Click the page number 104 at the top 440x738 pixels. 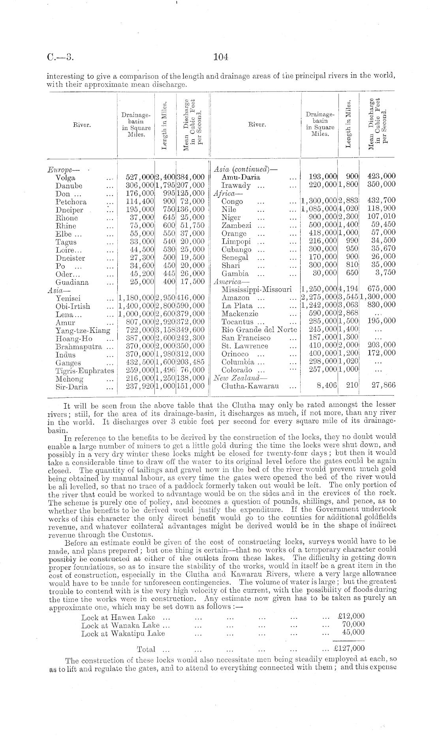coord(221,57)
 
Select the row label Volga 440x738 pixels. coord(66,178)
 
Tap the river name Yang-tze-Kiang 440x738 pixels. coord(83,331)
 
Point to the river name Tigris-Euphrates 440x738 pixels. coord(85,371)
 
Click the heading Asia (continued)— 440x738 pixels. coord(245,169)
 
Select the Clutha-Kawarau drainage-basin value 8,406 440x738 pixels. coord(327,385)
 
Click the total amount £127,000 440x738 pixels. coord(349,648)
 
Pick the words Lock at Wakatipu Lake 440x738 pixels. coord(123,633)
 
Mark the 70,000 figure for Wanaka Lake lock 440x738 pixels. coord(353,624)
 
